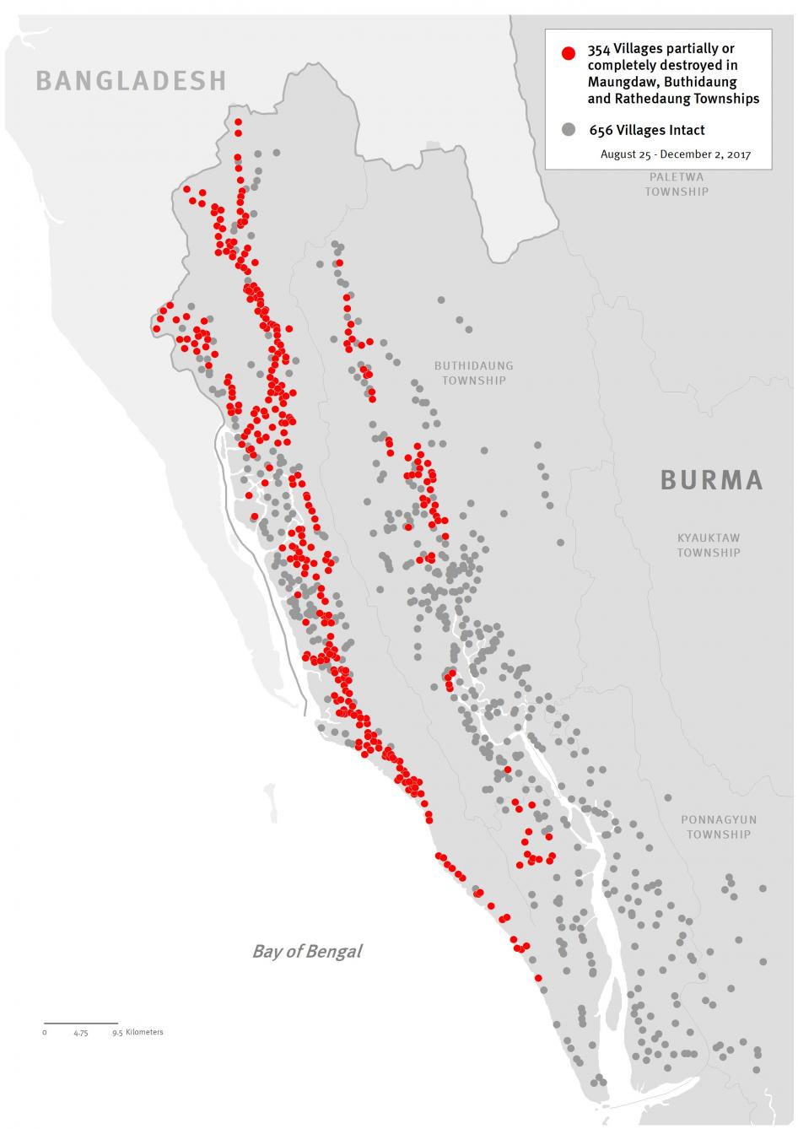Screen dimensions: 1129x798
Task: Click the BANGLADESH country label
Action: [131, 80]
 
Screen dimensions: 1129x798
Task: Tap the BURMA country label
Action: [711, 479]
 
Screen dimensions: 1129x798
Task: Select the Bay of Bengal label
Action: [307, 951]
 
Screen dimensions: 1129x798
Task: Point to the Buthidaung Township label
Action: [473, 373]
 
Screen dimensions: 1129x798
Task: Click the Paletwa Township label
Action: [677, 184]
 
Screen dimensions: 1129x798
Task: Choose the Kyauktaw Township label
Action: [709, 545]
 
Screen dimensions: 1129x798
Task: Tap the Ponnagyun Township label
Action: [718, 827]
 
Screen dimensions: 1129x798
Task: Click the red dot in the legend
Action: [569, 53]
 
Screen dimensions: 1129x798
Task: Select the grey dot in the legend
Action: [569, 130]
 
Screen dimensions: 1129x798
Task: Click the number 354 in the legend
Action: [599, 50]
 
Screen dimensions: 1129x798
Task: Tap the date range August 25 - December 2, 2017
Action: [675, 154]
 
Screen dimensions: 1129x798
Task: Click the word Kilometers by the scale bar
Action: [144, 1032]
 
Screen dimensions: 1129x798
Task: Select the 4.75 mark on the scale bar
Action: [80, 1033]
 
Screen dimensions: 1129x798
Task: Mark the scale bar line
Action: [80, 1024]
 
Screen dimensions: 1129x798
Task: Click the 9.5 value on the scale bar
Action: [116, 1033]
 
